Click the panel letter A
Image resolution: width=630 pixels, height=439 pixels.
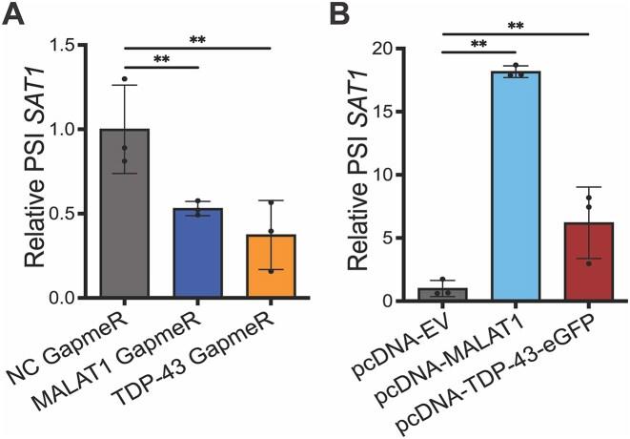[16, 17]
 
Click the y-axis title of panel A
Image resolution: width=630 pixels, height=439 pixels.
[28, 172]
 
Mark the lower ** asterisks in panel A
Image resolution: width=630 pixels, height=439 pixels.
[161, 59]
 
